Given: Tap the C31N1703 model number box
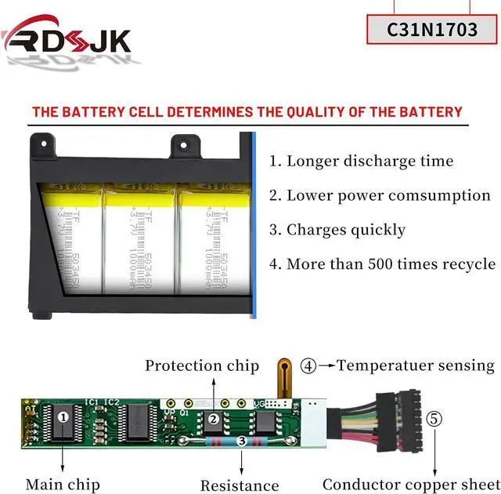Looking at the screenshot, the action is point(433,29).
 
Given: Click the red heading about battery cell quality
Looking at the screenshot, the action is point(247,112).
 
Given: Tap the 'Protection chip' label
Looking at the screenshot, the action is point(201,365).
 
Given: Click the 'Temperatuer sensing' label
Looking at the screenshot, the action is point(416,365).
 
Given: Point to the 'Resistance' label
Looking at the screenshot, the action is point(240,485).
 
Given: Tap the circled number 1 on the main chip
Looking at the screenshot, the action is point(63,417).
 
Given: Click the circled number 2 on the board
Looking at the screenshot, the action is point(213,419).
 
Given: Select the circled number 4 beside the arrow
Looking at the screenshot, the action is point(309,365).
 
